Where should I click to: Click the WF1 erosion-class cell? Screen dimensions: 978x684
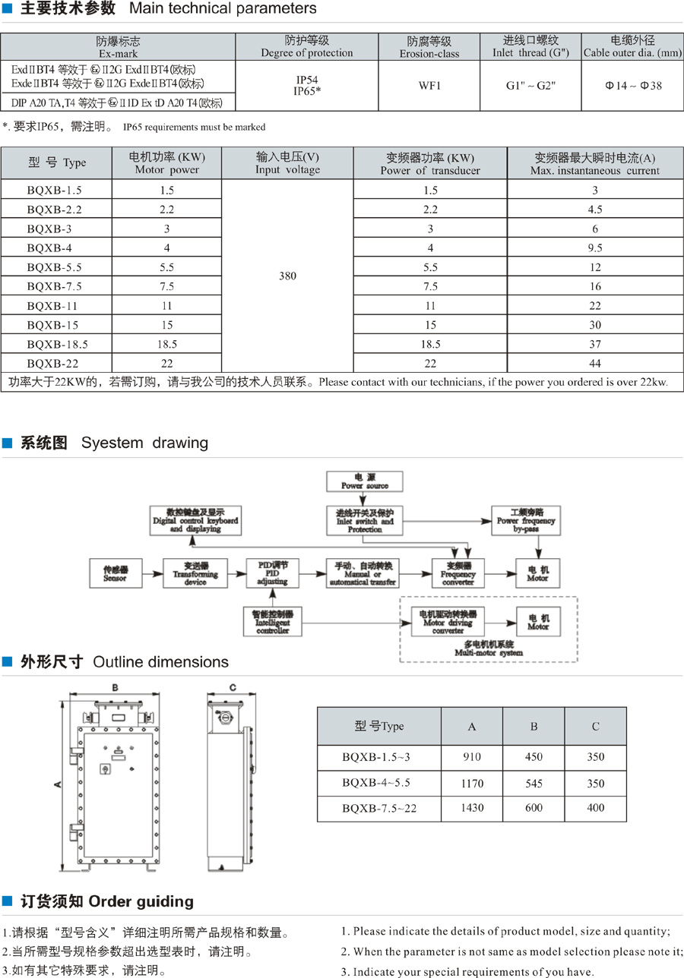tap(429, 86)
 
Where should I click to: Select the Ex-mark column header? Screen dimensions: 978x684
tap(118, 46)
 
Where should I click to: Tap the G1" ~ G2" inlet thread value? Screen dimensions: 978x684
tap(531, 86)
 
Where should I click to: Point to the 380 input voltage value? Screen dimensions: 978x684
tap(287, 276)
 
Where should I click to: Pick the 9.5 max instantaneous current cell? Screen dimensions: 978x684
tap(595, 248)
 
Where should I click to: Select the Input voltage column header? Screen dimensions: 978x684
tap(287, 163)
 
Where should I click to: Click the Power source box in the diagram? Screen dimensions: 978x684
tap(365, 481)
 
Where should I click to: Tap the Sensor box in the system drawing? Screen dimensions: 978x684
tap(115, 573)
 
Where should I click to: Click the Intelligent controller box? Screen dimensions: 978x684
tap(273, 620)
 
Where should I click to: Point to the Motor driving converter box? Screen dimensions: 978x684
tap(448, 621)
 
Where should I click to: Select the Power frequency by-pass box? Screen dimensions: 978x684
tap(526, 519)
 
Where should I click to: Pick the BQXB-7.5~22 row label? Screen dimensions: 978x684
tap(379, 808)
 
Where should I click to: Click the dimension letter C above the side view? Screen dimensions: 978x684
tap(232, 688)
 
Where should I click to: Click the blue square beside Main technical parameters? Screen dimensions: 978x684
tap(7, 10)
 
